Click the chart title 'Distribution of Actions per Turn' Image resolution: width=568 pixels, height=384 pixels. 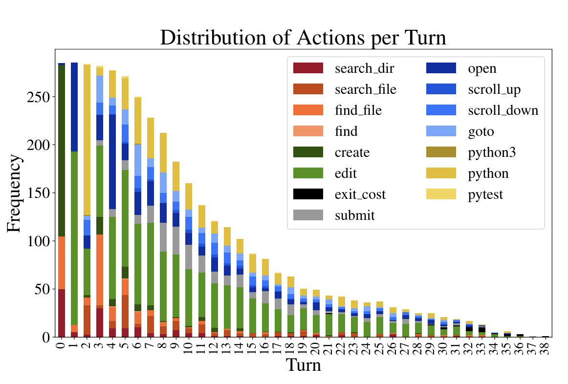tap(303, 38)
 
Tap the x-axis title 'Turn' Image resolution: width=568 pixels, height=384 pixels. tap(303, 364)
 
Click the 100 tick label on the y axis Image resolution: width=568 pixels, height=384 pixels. tap(40, 241)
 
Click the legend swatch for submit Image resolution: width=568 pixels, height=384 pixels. tap(308, 215)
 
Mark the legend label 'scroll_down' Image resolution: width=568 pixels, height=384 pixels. tap(503, 110)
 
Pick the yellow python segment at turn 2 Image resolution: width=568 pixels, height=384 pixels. tap(87, 140)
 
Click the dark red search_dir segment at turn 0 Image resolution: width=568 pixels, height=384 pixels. tap(62, 313)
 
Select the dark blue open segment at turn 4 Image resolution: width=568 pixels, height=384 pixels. tap(112, 162)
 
